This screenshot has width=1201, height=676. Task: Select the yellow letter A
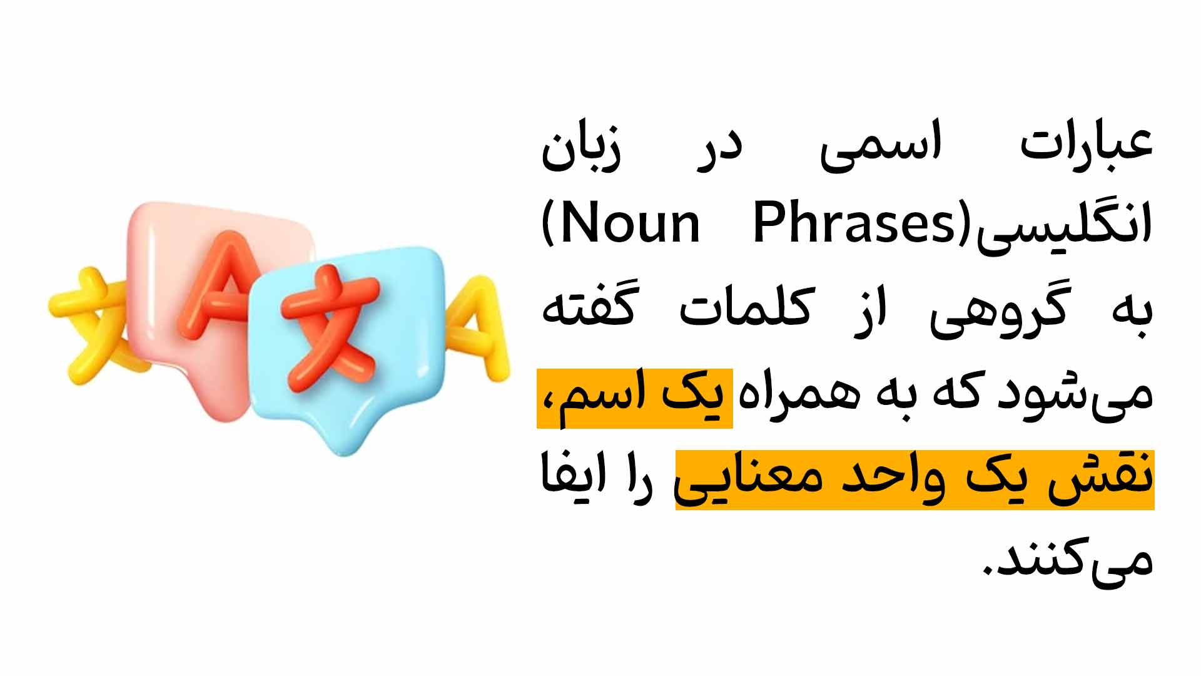pyautogui.click(x=479, y=329)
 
